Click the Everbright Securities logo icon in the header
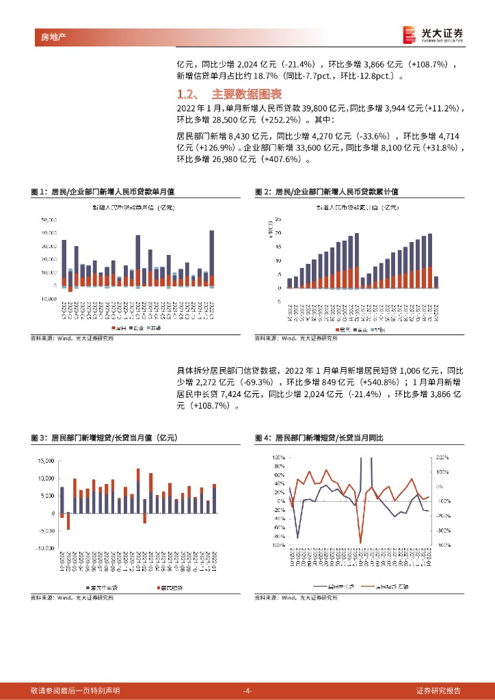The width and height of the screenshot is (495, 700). tap(409, 33)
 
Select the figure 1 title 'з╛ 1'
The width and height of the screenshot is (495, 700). tap(38, 193)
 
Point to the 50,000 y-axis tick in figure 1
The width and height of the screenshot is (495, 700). tap(49, 220)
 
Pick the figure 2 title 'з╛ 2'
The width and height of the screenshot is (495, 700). tap(262, 193)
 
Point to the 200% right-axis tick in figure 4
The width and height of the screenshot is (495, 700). tap(442, 457)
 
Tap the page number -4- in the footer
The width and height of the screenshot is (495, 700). tap(247, 690)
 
